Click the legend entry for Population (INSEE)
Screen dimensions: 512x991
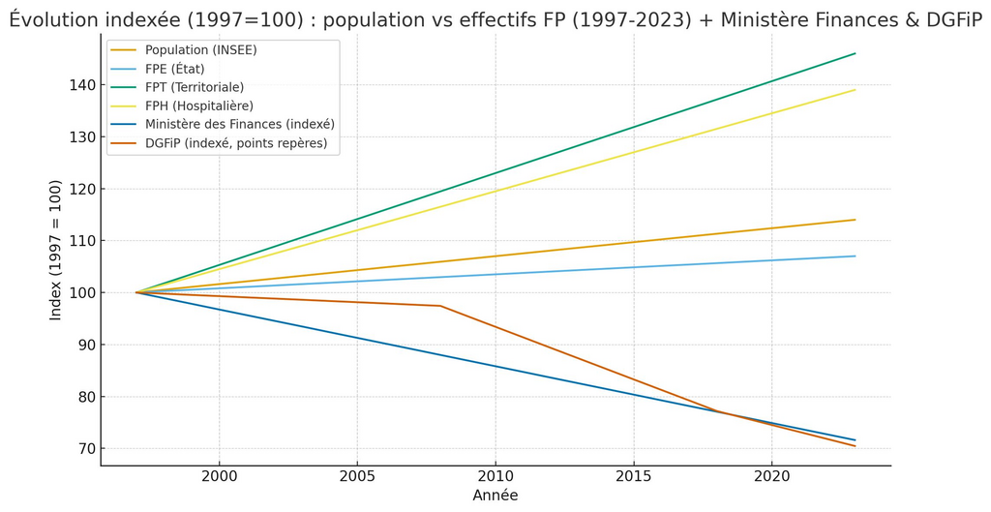tap(200, 50)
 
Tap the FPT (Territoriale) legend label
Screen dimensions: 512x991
tap(194, 87)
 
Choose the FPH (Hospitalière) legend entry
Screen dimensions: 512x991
tap(198, 105)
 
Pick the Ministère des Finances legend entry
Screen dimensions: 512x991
tap(239, 124)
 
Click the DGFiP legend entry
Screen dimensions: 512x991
tap(235, 143)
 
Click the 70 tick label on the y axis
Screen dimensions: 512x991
tap(86, 448)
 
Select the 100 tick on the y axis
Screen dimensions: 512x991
tap(82, 292)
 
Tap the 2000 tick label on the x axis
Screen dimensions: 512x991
tap(219, 476)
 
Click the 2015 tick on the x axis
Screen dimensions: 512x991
tap(633, 476)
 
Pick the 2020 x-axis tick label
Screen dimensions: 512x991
tap(771, 476)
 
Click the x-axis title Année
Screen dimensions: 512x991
tap(495, 496)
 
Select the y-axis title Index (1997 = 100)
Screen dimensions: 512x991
tap(56, 250)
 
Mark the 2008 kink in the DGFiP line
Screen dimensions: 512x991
tap(440, 306)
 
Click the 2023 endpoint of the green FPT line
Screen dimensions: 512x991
tap(855, 53)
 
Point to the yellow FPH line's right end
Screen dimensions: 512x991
tap(855, 90)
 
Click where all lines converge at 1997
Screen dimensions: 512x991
tap(136, 292)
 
